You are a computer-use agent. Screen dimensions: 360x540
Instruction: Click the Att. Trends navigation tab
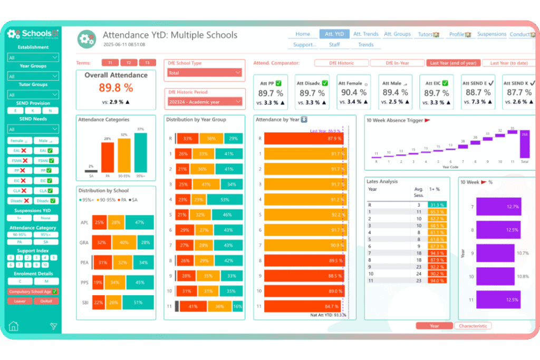coord(365,34)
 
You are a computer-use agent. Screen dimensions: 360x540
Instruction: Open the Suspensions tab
coord(491,34)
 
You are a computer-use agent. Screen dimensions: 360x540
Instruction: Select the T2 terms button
coord(129,62)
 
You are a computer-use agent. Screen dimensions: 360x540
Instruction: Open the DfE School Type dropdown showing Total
coord(205,73)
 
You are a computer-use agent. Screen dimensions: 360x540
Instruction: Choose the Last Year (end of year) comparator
coord(453,63)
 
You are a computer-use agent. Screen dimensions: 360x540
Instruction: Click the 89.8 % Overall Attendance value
coord(116,88)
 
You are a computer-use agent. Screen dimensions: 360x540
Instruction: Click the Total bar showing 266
coord(524,144)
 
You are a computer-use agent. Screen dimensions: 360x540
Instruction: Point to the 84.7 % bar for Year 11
coord(303,306)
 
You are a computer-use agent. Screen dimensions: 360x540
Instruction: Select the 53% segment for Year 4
coord(225,200)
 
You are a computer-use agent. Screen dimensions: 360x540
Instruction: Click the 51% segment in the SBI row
coord(138,302)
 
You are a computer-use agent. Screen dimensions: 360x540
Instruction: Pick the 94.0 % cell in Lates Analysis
coord(437,281)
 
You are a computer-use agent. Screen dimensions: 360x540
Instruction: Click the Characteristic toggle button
coord(472,326)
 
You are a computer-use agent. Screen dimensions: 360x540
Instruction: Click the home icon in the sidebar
coord(14,326)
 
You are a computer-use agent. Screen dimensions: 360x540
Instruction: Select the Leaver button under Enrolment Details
coord(20,300)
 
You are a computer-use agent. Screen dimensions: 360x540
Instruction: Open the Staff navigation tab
coord(334,45)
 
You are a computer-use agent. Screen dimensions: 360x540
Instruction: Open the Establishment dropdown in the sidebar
coord(33,57)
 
